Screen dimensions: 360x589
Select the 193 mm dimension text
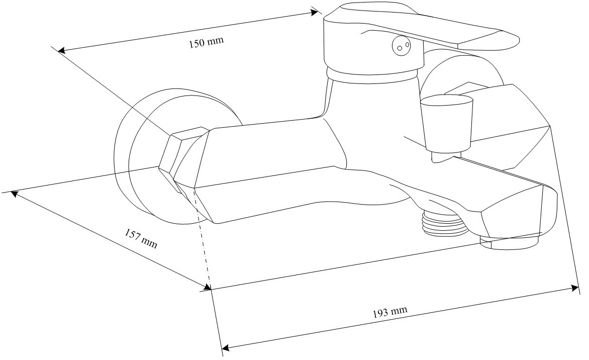pos(390,312)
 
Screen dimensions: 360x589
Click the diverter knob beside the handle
pos(447,122)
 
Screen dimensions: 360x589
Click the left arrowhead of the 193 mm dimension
pos(226,347)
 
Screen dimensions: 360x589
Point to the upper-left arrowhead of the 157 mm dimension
pos(14,194)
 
